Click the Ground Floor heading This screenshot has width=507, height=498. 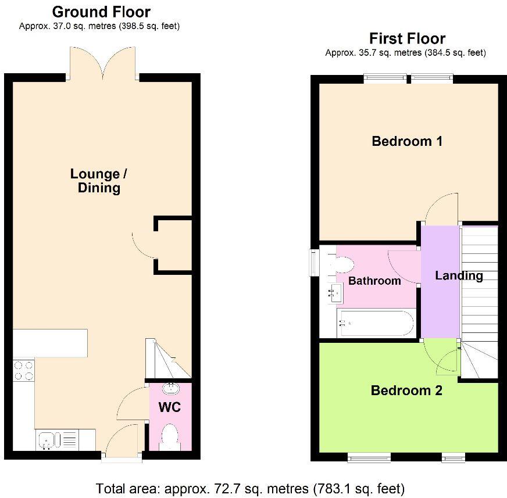[x=101, y=12]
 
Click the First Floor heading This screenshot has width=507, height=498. [x=407, y=39]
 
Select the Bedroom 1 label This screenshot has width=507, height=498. [x=407, y=141]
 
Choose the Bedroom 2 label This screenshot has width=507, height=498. [x=406, y=390]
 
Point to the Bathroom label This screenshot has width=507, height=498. [x=374, y=281]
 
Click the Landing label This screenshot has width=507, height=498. [x=459, y=275]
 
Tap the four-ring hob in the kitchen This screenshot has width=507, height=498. [x=23, y=371]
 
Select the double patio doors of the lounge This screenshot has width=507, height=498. [x=103, y=64]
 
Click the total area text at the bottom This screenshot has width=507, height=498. [x=250, y=488]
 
